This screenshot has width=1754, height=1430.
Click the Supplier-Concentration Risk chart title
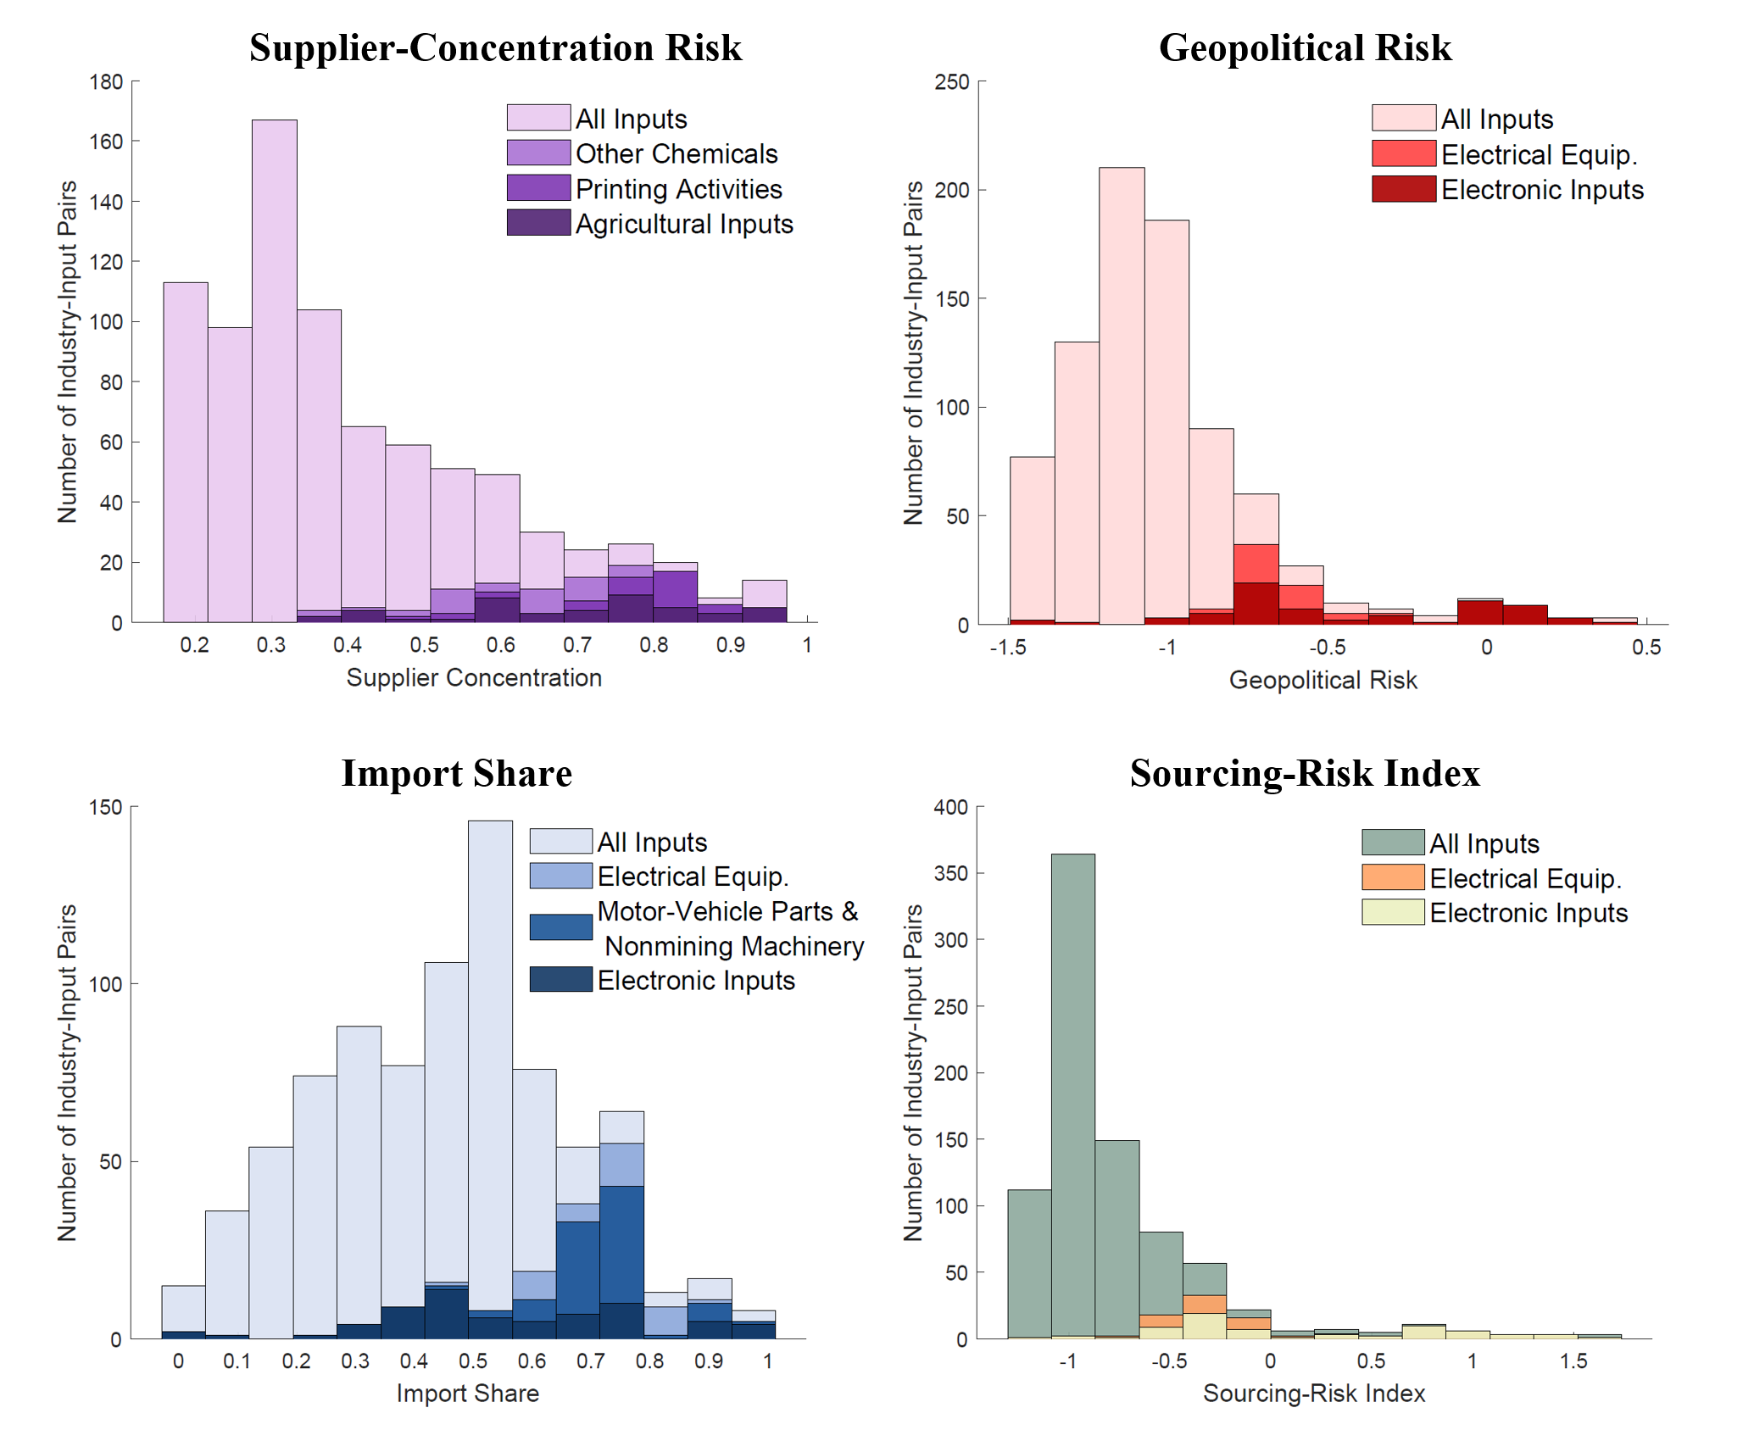click(495, 47)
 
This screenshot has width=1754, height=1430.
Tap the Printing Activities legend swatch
click(538, 188)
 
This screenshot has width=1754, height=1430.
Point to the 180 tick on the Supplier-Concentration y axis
click(107, 82)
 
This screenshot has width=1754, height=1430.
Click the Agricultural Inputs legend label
click(684, 224)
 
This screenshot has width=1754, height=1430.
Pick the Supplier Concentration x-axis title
click(474, 677)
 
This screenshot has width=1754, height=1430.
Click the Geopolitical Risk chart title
click(1305, 47)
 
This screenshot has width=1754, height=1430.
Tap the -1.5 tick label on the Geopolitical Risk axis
click(1008, 648)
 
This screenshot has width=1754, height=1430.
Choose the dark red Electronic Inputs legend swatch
click(1404, 189)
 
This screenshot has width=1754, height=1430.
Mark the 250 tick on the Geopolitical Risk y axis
click(952, 82)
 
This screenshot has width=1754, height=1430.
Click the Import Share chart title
click(456, 773)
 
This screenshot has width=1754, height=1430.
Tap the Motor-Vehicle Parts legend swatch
click(560, 926)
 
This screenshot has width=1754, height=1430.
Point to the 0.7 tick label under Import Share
click(591, 1361)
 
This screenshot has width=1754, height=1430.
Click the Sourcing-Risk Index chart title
click(1305, 773)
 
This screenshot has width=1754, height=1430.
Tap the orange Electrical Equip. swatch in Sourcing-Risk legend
click(1393, 877)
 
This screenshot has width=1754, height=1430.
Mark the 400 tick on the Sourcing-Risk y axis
click(951, 807)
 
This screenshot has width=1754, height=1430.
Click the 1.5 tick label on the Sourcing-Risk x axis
click(1573, 1361)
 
